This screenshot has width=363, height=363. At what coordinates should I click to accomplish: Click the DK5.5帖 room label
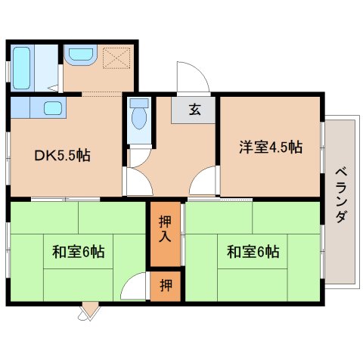(62, 156)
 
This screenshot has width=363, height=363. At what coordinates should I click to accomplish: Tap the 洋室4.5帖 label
(271, 147)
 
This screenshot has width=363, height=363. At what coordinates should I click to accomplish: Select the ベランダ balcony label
(341, 195)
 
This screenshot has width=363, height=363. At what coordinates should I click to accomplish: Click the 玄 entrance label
(195, 109)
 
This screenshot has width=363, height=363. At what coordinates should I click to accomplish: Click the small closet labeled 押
(166, 286)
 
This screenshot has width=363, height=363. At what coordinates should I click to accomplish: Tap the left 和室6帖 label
(79, 251)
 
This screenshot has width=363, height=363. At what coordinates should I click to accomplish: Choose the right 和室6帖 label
(253, 251)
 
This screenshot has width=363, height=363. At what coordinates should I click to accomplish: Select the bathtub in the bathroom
(21, 68)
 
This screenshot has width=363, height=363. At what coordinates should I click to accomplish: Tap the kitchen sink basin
(53, 108)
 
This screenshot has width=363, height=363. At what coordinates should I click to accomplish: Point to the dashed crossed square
(116, 57)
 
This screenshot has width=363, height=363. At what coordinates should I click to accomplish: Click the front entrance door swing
(193, 76)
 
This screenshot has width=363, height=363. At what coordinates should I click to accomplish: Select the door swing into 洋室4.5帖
(203, 180)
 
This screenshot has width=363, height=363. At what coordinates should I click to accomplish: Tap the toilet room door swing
(139, 158)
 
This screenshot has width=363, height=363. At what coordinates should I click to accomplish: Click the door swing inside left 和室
(133, 286)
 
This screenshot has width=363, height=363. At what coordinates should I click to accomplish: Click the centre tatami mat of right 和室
(253, 252)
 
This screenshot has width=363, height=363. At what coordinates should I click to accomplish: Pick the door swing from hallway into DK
(139, 181)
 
